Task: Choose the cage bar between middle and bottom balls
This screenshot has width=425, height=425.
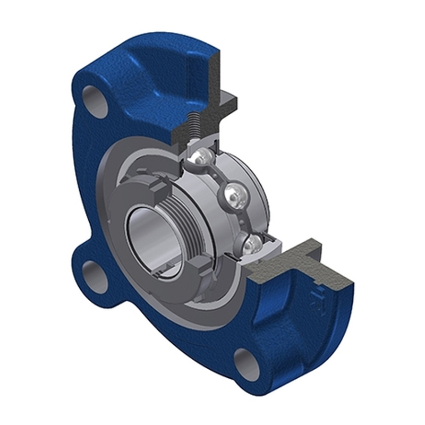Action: [x=243, y=221]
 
